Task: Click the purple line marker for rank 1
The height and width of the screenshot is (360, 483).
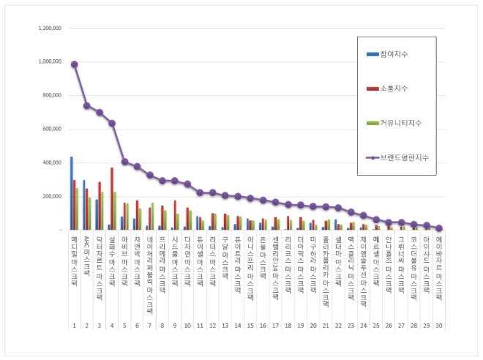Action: pyautogui.click(x=75, y=64)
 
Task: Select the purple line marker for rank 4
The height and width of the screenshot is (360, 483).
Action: pyautogui.click(x=112, y=123)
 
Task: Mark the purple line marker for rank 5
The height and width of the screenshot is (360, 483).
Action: pyautogui.click(x=124, y=162)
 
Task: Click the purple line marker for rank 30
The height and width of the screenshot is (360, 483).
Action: pyautogui.click(x=438, y=228)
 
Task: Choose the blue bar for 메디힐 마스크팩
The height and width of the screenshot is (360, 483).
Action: pyautogui.click(x=71, y=193)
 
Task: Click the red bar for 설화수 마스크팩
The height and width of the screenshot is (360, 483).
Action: pyautogui.click(x=112, y=199)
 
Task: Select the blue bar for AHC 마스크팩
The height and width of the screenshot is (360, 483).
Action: pyautogui.click(x=83, y=205)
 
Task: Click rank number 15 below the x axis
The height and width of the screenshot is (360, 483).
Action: pyautogui.click(x=250, y=325)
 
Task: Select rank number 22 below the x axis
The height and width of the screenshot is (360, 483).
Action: pyautogui.click(x=337, y=325)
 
